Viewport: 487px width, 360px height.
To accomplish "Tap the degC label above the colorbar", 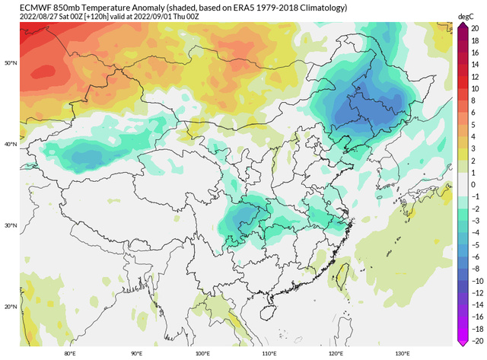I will click(x=466, y=16).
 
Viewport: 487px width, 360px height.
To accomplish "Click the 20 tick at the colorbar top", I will click(x=473, y=27).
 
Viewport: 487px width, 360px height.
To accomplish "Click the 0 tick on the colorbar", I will click(x=473, y=183).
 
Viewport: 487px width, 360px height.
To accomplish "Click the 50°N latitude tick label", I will click(x=11, y=62).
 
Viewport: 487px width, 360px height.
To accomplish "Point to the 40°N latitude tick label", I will click(x=11, y=144).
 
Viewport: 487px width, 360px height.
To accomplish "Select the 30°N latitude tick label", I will click(x=11, y=225).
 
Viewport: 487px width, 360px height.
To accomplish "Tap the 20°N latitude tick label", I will click(x=11, y=307).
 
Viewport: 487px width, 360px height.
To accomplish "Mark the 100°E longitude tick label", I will click(x=202, y=353).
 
